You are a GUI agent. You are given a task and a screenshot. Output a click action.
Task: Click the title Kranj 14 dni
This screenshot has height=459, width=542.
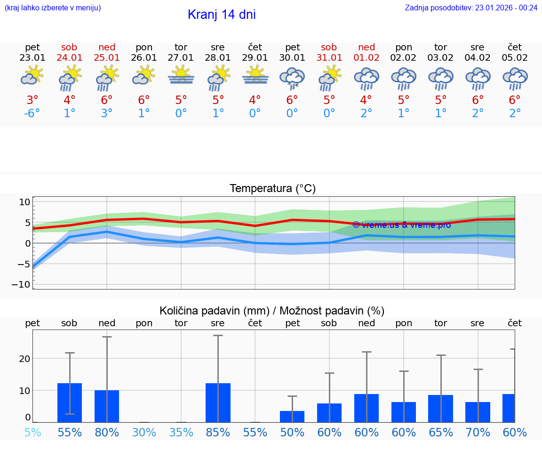[222, 15]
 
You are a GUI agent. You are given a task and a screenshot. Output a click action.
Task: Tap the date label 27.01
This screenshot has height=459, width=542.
[181, 57]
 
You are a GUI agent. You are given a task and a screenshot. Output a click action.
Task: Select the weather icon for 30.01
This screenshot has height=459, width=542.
[292, 79]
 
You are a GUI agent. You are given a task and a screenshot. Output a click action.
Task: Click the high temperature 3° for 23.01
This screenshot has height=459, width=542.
[32, 100]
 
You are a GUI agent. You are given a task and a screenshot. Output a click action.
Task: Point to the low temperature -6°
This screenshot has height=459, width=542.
[32, 113]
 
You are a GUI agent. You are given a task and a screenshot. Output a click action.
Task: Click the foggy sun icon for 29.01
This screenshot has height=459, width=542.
[255, 75]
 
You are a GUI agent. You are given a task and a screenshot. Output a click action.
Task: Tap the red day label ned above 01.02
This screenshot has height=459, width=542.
[367, 47]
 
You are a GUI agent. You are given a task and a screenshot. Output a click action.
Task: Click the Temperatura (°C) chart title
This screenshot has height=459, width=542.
[272, 189]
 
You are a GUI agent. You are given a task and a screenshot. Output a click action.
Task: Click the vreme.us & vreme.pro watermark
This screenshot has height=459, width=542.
[401, 225]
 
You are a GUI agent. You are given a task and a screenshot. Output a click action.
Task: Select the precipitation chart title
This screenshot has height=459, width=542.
[272, 311]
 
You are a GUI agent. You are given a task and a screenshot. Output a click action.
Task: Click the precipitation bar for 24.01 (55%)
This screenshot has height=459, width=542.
[70, 403]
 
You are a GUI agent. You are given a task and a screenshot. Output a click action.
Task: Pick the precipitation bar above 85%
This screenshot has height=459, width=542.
[218, 403]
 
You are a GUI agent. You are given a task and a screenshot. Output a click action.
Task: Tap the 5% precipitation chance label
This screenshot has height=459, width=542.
[32, 432]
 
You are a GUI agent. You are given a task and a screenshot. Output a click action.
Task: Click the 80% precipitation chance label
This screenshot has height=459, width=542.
[107, 432]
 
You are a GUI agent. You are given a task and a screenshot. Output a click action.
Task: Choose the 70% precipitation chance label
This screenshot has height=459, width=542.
[478, 432]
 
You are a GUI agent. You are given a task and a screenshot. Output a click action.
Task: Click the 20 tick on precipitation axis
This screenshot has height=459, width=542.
[24, 358]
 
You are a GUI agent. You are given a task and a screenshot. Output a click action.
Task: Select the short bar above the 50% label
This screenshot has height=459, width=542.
[292, 417]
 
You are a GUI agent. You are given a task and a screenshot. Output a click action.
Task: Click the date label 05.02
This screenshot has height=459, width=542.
[515, 57]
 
